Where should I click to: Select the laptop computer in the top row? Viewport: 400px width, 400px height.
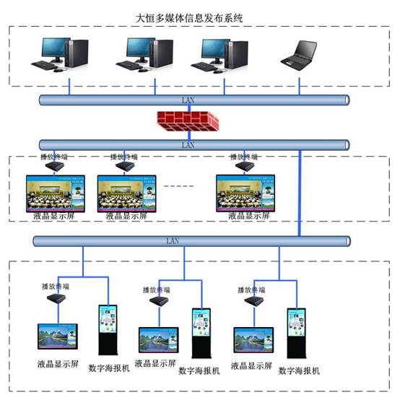coord(297,55)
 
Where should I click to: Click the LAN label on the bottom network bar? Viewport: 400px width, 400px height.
coord(172,240)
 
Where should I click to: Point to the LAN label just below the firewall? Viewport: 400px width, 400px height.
coord(188,144)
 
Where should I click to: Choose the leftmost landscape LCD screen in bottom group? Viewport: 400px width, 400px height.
coord(58,337)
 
